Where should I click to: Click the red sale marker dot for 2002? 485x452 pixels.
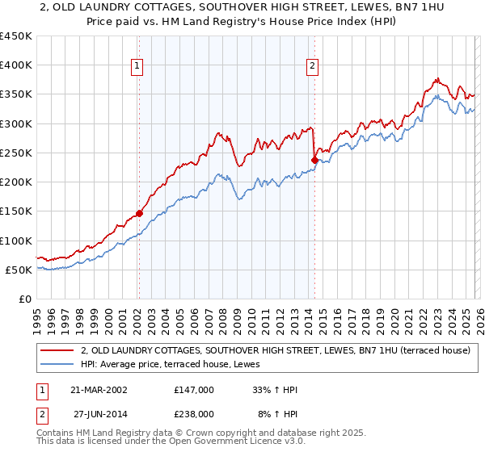click(x=139, y=213)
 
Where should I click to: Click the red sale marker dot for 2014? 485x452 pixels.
click(x=314, y=160)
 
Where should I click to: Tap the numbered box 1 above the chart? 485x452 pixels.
click(x=138, y=67)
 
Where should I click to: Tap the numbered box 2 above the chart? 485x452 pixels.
click(x=313, y=67)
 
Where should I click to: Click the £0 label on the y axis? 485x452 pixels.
click(x=25, y=299)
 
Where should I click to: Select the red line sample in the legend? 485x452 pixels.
click(x=57, y=350)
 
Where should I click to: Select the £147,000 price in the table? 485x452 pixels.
click(x=193, y=390)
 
